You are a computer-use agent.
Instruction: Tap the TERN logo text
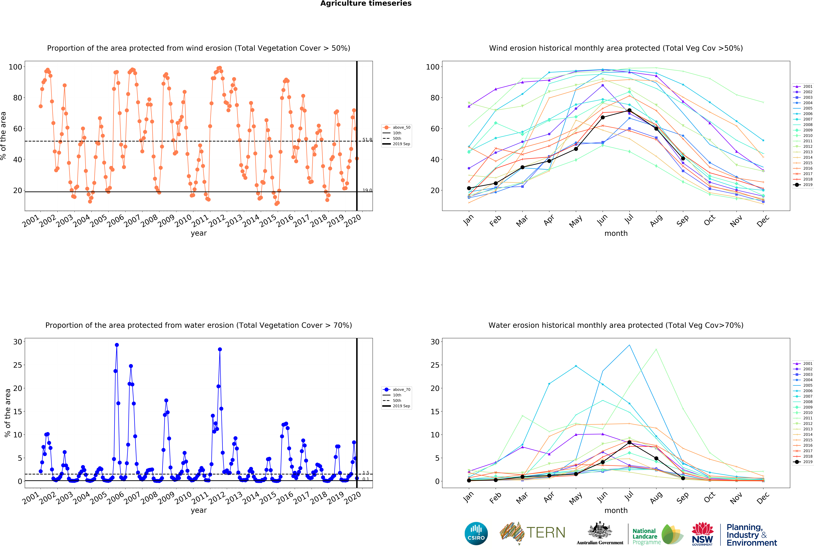tap(546, 533)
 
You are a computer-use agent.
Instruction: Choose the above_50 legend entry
tap(397, 128)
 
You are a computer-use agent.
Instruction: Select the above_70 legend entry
tap(397, 390)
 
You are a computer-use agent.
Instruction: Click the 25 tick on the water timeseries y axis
tap(18, 365)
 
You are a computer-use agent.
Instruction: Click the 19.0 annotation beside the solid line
tap(367, 190)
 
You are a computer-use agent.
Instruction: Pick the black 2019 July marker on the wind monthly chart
tap(629, 110)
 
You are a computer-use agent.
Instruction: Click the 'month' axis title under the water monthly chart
tap(616, 511)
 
